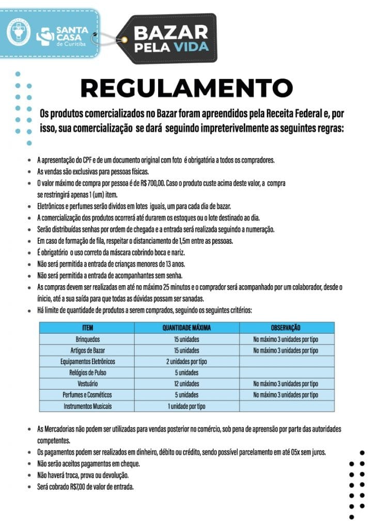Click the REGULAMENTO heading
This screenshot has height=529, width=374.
click(186, 88)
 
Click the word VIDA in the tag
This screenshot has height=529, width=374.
click(191, 47)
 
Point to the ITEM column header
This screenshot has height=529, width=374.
click(87, 328)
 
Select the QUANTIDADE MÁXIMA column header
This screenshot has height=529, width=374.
click(186, 328)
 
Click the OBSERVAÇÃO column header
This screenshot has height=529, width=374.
click(286, 328)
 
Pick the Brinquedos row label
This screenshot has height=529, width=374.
click(87, 339)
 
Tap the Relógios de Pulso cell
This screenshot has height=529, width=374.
click(87, 372)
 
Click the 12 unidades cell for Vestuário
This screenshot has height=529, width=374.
click(186, 384)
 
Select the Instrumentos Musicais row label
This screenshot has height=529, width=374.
click(87, 406)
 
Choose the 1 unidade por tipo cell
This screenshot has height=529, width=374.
click(186, 406)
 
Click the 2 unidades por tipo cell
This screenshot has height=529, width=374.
click(186, 362)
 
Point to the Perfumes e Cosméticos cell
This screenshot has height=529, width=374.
click(87, 395)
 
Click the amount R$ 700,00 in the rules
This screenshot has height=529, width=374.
click(152, 183)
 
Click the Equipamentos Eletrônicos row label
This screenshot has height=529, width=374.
click(87, 362)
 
